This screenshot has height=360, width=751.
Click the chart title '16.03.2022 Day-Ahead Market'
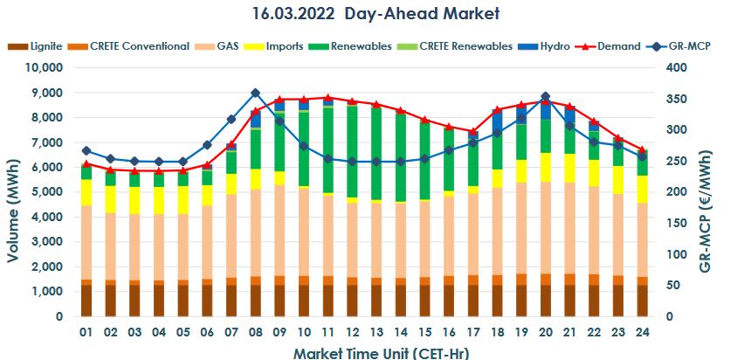click(x=375, y=14)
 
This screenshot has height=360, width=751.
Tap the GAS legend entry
click(x=228, y=45)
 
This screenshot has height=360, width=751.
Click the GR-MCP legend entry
click(x=686, y=45)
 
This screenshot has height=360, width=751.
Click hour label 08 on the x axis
click(x=255, y=333)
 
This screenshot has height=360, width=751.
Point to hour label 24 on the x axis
click(x=641, y=333)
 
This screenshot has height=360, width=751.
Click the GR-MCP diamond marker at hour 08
click(x=255, y=93)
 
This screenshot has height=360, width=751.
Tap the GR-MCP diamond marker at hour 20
click(x=545, y=97)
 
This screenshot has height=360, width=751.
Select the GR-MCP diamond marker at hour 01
click(x=86, y=151)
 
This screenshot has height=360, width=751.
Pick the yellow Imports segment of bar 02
click(x=110, y=198)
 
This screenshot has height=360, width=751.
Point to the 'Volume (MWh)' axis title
click(x=15, y=190)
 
